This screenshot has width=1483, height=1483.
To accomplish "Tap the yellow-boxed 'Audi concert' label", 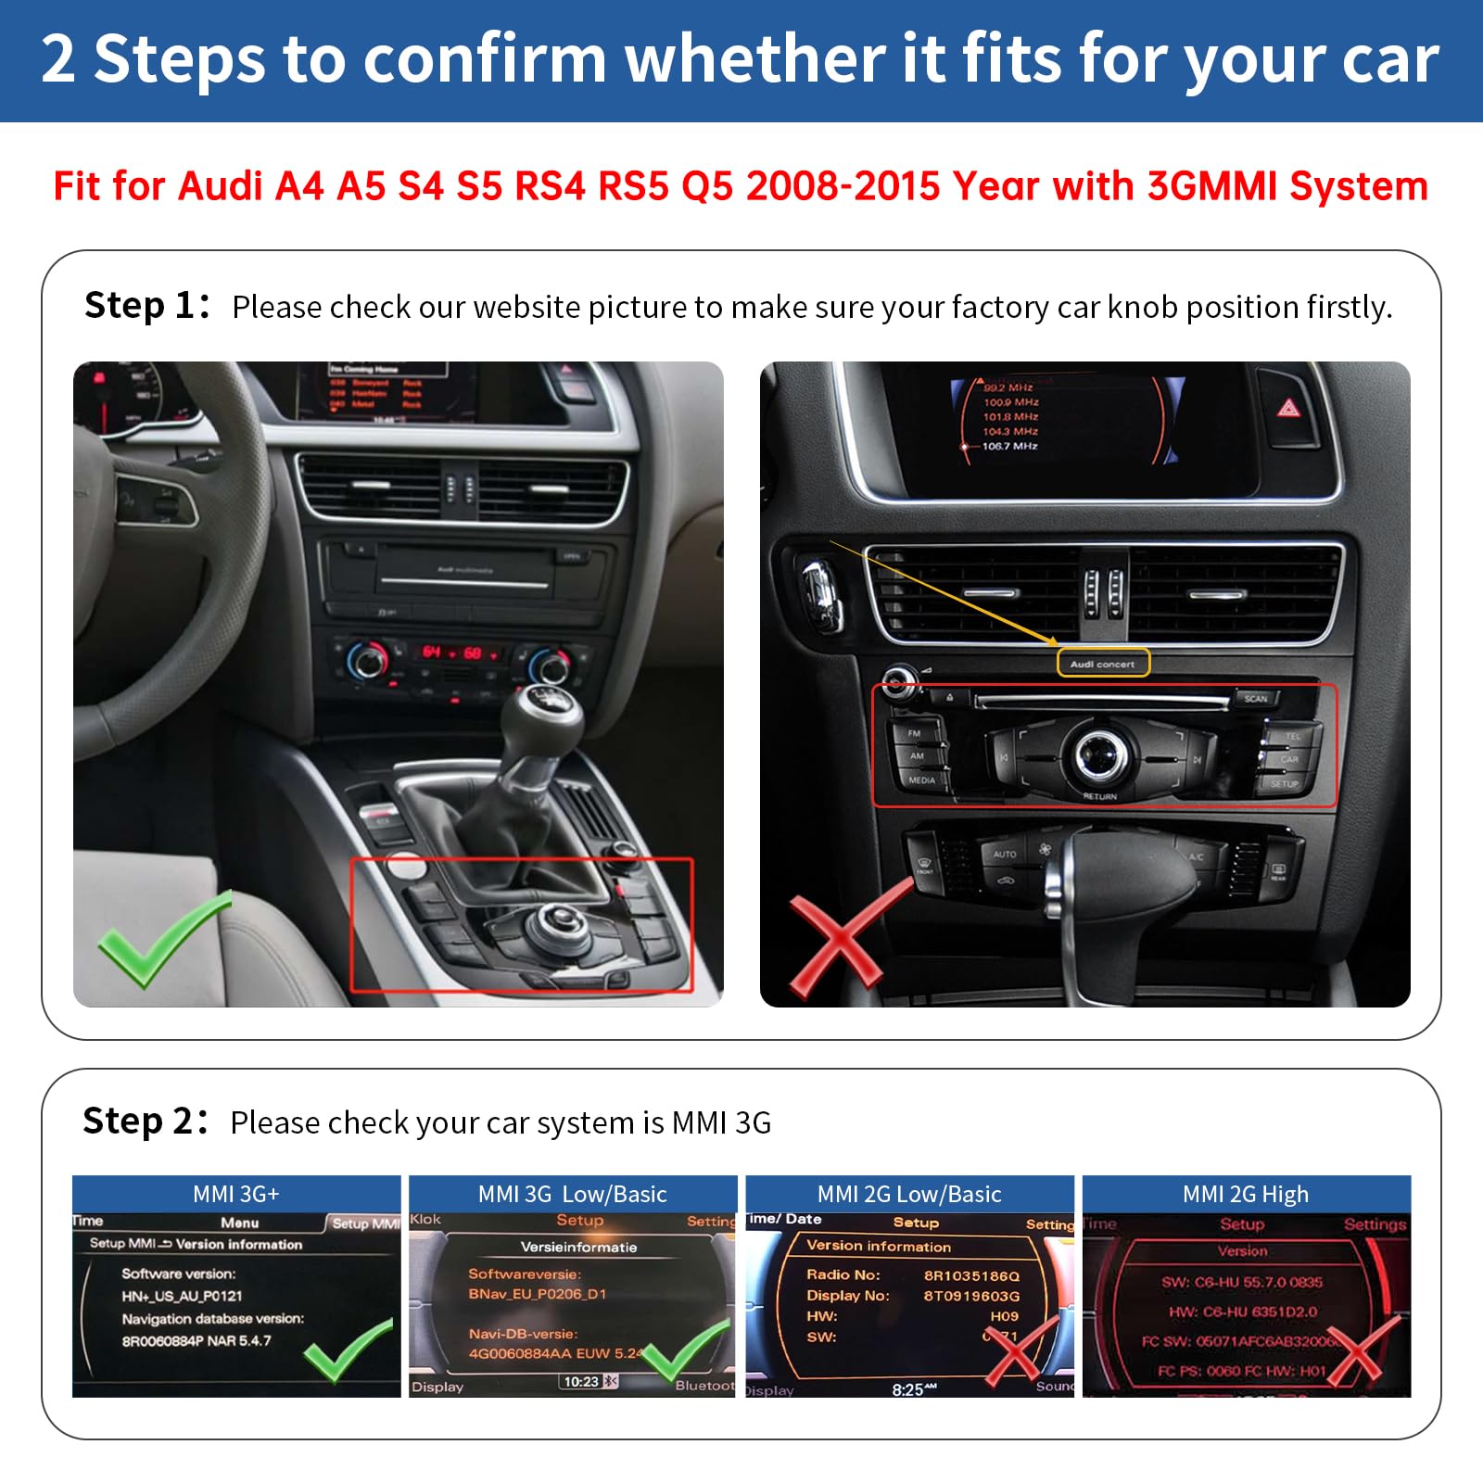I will click(1103, 664).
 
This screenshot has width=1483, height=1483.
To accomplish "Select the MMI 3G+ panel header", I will click(236, 1194).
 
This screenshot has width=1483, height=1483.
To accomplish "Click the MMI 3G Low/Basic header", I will click(573, 1194).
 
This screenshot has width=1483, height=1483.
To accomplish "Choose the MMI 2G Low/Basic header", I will click(909, 1194).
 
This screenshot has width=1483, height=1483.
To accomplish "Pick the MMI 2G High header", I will click(1246, 1194).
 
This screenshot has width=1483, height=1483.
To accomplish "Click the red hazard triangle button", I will click(1289, 407).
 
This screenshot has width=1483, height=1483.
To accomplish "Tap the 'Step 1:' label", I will click(146, 306).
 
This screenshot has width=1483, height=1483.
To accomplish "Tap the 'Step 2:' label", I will click(145, 1122).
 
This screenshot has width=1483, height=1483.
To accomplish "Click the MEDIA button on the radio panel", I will click(921, 780).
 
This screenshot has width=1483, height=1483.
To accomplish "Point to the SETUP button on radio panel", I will click(1284, 784).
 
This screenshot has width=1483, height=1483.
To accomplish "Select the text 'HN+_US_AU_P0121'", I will click(182, 1296).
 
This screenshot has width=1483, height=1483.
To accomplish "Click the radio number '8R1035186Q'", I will click(971, 1275).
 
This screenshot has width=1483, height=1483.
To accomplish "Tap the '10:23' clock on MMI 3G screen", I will click(581, 1381).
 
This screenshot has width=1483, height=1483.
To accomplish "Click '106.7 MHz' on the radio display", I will click(1010, 447).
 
